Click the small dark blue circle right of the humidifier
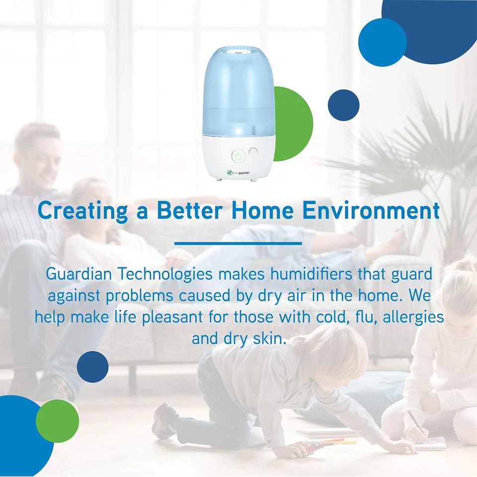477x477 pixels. pyautogui.click(x=343, y=105)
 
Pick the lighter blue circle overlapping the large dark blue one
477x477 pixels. pyautogui.click(x=382, y=42)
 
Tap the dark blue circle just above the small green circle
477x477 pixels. pyautogui.click(x=92, y=367)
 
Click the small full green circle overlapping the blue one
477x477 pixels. pyautogui.click(x=57, y=420)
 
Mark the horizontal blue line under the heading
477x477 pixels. pyautogui.click(x=238, y=243)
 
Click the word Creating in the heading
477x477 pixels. pyautogui.click(x=82, y=211)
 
